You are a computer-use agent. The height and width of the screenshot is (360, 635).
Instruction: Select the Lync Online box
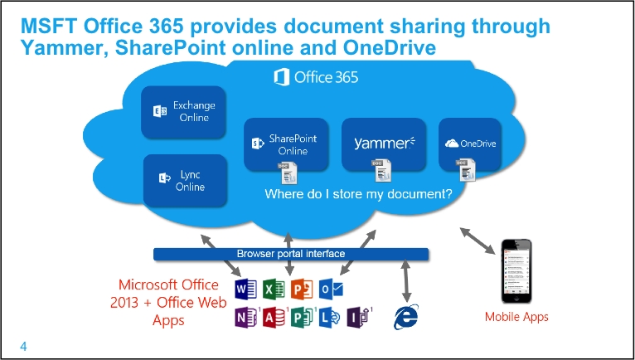185,181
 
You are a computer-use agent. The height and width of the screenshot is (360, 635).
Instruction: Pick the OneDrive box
470,144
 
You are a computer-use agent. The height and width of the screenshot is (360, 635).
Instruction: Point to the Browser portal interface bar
290,254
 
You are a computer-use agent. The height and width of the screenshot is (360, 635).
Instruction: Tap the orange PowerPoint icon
300,289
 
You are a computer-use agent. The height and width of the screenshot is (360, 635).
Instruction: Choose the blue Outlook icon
330,289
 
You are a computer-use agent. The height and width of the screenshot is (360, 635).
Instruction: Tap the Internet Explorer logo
405,316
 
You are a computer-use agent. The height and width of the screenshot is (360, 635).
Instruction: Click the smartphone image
516,271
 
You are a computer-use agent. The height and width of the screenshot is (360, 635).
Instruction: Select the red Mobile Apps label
516,317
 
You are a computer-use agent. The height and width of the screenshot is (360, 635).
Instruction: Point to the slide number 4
23,346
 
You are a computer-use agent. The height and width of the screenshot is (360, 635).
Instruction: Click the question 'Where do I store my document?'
358,196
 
